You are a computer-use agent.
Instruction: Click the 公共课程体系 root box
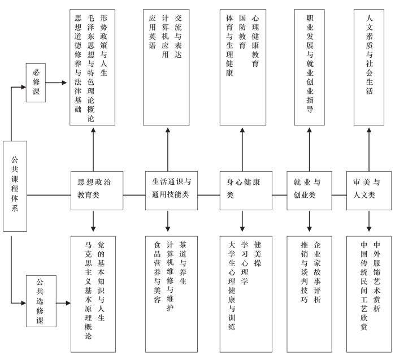pos(15,186)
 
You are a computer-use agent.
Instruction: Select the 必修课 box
pos(36,83)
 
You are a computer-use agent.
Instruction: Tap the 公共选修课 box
pos(41,301)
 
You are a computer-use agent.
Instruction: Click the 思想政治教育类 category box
pos(97,190)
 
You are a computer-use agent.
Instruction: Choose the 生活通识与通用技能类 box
pos(171,190)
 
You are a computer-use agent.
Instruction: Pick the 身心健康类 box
pos(246,190)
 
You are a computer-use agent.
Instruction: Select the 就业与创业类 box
pos(309,190)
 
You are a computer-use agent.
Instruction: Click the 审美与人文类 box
pos(369,190)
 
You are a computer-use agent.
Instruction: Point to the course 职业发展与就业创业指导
pos(310,64)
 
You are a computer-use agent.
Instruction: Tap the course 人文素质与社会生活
pos(369,55)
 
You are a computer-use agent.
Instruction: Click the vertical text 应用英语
pos(152,32)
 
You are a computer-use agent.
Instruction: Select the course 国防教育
pos(242,32)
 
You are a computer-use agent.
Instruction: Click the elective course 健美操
pos(258,254)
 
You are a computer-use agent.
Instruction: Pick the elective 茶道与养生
pos(183,263)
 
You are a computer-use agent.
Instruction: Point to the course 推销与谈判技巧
pos(305,272)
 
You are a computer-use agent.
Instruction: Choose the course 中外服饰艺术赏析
pos(377,276)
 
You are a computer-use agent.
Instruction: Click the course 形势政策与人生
pos(103,45)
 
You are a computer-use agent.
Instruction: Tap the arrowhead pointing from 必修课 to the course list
pos(64,83)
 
